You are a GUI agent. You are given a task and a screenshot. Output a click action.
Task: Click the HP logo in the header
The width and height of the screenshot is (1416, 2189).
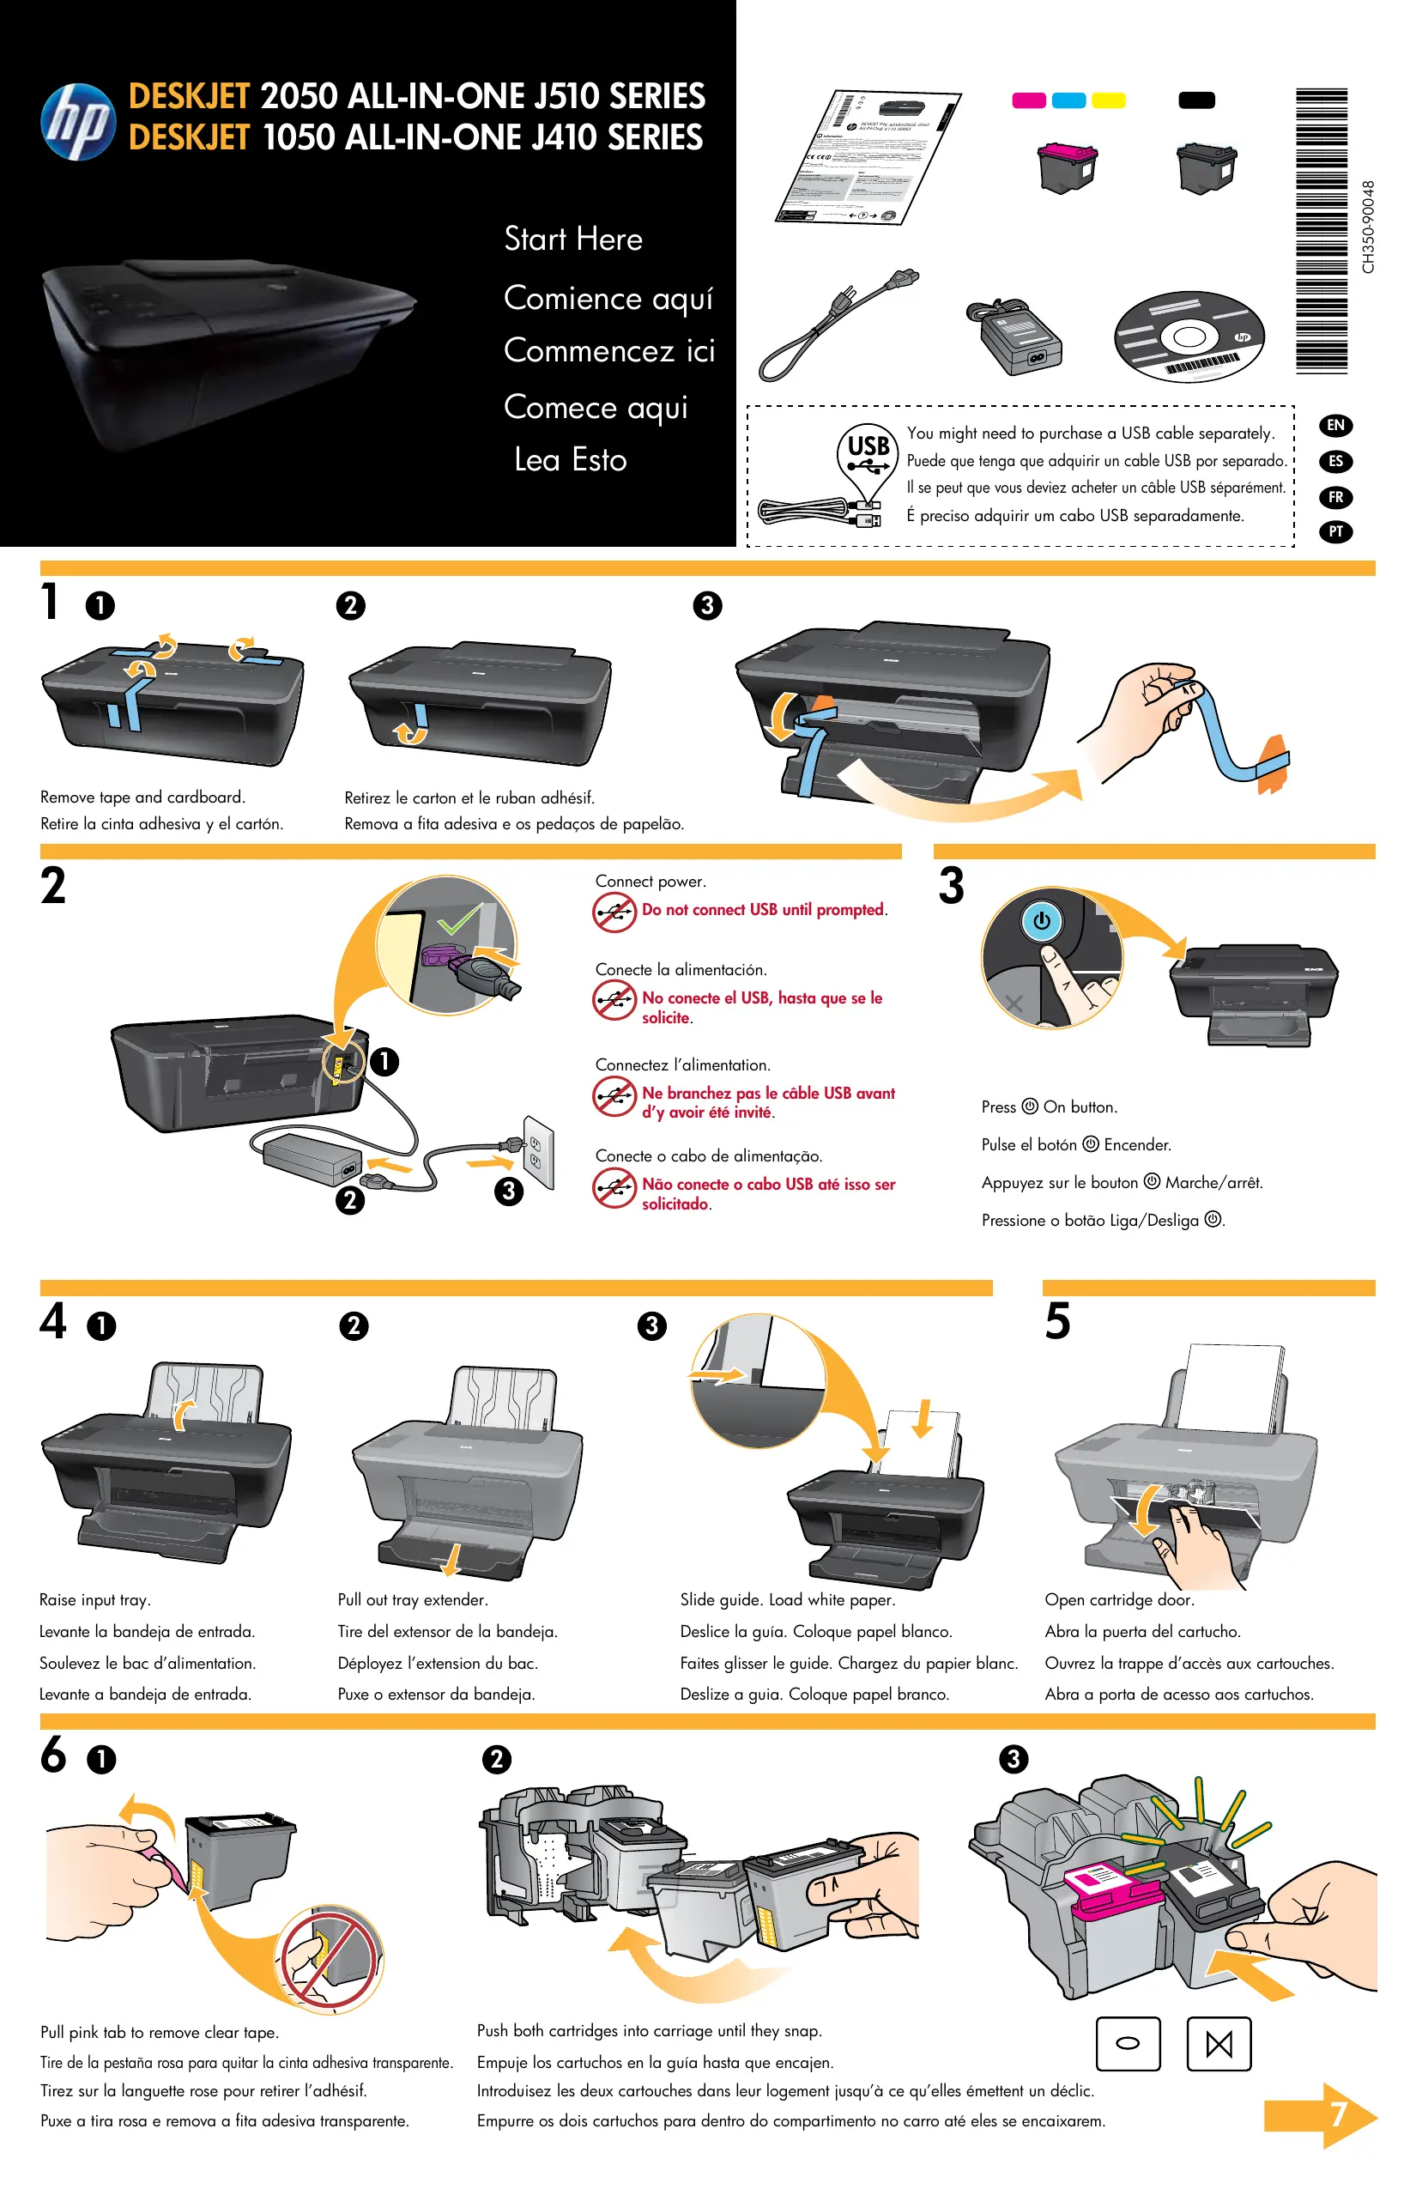78,121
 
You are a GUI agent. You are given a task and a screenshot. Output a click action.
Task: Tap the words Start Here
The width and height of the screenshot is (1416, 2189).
573,240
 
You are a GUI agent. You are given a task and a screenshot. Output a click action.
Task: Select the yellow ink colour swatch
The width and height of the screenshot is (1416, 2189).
1108,100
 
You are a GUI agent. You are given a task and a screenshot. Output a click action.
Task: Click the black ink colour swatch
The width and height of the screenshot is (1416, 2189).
1196,100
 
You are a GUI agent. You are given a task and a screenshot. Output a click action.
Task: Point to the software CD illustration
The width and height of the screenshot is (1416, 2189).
1189,337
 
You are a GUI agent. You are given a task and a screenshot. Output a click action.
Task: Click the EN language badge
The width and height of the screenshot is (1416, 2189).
1335,425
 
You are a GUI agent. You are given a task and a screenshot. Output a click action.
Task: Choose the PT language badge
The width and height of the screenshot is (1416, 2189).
1335,531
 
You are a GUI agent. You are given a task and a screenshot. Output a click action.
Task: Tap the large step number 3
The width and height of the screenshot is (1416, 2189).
952,886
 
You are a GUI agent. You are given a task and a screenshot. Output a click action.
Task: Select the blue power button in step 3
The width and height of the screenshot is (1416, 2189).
1042,919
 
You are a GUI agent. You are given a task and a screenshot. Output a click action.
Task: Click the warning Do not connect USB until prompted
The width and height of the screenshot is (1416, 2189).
763,910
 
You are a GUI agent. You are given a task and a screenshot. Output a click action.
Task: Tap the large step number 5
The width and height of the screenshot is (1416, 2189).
1057,1322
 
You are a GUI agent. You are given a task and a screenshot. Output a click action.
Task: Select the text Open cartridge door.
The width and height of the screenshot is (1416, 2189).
1119,1599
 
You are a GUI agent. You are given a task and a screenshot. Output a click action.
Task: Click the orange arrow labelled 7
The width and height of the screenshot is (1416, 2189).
1321,2115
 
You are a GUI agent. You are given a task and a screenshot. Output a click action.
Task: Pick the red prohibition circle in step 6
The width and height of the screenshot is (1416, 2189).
330,1957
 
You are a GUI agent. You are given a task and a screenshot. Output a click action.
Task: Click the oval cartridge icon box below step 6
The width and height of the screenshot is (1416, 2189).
1128,2044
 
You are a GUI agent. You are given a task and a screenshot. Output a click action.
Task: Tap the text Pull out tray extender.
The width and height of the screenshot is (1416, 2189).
412,1599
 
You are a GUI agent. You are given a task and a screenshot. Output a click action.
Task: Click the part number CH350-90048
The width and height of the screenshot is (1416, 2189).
1368,227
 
